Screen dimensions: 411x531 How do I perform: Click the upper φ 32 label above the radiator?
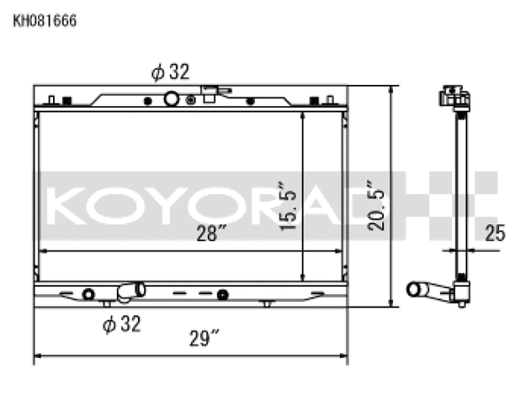pos(170,73)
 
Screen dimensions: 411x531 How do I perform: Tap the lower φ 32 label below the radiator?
pos(121,324)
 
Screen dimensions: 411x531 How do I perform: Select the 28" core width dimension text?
pos(213,234)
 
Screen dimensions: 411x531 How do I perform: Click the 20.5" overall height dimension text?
pos(378,205)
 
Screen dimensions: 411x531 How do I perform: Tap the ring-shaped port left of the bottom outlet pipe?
pos(88,294)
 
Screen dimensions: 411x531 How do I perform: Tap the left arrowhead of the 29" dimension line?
pos(37,358)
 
